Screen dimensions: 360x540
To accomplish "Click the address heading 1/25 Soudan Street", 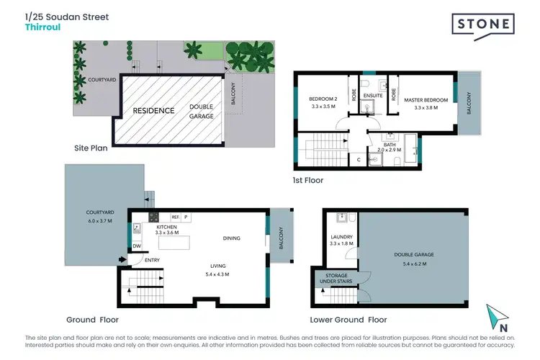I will point(67,17).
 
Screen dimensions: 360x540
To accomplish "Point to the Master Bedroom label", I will point(426,99).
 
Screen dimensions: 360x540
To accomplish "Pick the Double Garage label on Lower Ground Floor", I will point(413,254).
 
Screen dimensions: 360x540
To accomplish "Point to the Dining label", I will point(231,238).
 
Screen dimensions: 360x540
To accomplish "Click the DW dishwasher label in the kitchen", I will point(136,246).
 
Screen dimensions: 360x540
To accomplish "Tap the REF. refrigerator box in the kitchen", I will point(174,217).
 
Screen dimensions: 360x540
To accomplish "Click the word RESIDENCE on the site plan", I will point(153,111).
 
